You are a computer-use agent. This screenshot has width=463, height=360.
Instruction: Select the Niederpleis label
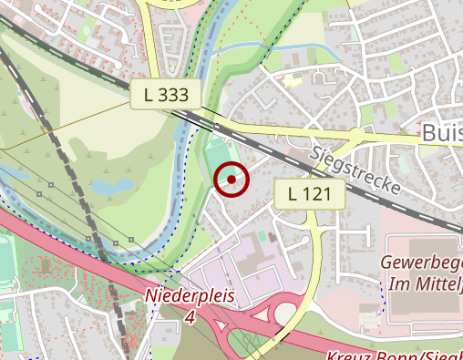[190, 297]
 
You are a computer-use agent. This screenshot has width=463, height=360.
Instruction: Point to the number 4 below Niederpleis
[190, 317]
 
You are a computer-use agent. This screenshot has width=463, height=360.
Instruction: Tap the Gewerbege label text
[424, 267]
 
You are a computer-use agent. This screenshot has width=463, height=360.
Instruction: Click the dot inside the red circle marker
[231, 180]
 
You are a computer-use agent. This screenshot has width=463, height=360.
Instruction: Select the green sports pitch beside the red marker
[216, 155]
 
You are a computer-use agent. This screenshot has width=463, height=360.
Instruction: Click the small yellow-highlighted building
[292, 80]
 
